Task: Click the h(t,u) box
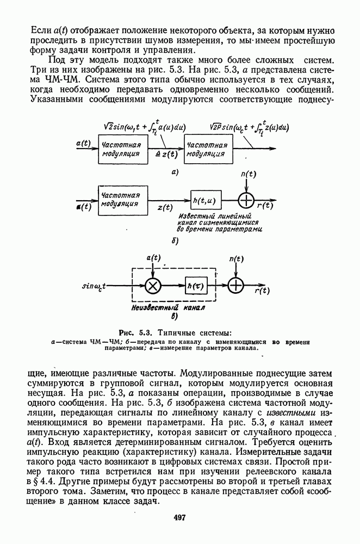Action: click(x=204, y=201)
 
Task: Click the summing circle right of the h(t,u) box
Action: click(x=247, y=201)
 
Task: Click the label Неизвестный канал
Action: click(x=163, y=307)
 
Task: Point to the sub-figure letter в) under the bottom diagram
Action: click(x=175, y=316)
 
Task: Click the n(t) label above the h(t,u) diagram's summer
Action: click(x=247, y=174)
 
